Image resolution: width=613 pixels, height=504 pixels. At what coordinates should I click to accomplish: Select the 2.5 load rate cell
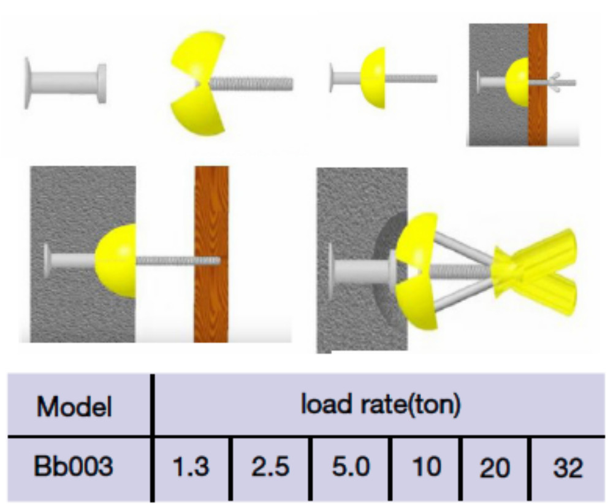coord(270,468)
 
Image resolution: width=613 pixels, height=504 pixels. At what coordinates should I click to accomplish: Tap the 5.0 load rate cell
coord(351,468)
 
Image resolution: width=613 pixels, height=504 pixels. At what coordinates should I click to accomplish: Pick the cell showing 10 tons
coord(427,468)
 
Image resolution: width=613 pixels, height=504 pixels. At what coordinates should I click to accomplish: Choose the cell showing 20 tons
coord(495,468)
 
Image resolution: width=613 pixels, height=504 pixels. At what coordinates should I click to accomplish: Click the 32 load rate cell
coord(566,468)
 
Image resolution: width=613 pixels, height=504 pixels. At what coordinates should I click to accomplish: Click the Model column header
coord(75,407)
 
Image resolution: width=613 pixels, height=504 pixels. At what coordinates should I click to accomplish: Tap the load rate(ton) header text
coord(381,405)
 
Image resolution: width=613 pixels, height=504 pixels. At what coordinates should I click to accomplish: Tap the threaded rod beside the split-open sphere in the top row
coord(251,83)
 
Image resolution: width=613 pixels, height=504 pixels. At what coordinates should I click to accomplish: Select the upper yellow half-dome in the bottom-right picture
coord(417,239)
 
